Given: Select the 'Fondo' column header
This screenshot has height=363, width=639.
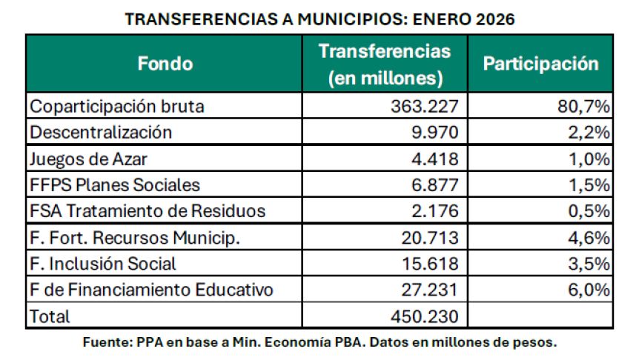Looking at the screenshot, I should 165,64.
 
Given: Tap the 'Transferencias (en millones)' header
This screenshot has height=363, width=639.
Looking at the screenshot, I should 384,64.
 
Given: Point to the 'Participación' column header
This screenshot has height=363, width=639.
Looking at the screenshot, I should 540,64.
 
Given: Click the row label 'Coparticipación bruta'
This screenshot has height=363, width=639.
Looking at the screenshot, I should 117,106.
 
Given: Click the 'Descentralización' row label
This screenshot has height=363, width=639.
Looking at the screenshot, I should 101,133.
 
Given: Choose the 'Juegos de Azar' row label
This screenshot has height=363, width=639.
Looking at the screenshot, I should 84,159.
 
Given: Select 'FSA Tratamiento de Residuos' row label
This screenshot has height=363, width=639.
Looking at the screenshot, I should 148,211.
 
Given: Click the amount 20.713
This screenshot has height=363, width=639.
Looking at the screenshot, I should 429,238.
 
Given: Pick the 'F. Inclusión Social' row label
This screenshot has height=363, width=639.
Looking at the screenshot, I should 103,264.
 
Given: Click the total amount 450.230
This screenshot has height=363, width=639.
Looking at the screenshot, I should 425,316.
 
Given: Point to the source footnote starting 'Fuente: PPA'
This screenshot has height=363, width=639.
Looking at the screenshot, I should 319,342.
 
